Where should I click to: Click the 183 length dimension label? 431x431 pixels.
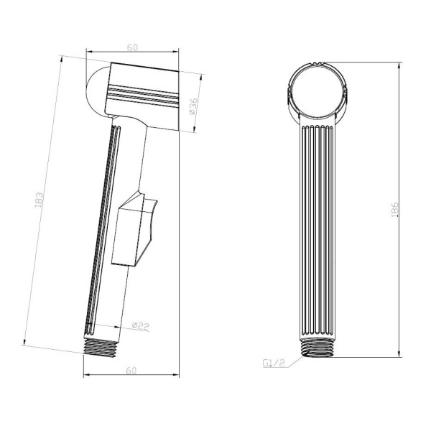40,199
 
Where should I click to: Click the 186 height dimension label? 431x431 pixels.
394,210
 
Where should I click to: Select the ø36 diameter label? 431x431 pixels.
193,106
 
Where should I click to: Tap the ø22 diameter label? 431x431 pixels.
141,326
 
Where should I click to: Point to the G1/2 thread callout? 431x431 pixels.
274,363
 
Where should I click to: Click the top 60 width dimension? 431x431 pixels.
132,47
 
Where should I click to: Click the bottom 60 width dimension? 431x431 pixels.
131,371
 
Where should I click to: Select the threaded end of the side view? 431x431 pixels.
100,348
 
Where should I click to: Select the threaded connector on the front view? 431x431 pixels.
318,347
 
